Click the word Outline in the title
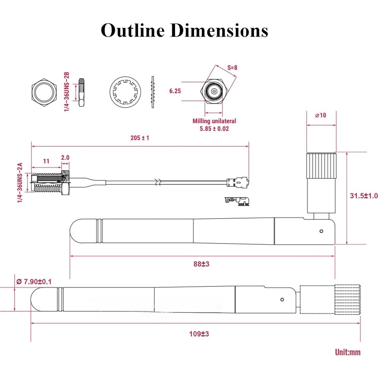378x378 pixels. pos(133,30)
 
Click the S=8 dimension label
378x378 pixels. pos(232,67)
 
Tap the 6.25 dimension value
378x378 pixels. pos(175,91)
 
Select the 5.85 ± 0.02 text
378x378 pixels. pos(214,129)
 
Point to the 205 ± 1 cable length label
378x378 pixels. pos(140,138)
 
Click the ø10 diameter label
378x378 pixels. pos(321,115)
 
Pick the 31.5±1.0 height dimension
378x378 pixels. pos(364,196)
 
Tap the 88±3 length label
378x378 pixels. pos(201,264)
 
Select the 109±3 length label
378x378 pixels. pos(199,334)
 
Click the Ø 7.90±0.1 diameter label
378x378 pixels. pos(34,282)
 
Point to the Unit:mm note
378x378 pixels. pos(347,352)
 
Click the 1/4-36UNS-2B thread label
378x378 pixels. pos(67,92)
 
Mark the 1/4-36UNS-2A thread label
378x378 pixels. pos(20,182)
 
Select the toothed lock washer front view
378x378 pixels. pos(125,92)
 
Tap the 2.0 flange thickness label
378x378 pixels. pos(65,158)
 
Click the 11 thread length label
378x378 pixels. pos(46,161)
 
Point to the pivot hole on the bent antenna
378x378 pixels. pos(321,231)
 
